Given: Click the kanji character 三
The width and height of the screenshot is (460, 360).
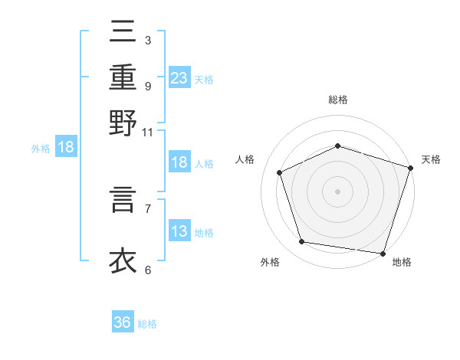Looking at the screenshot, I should tap(123, 34).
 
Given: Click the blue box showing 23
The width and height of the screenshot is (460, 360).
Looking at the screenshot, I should tap(179, 78).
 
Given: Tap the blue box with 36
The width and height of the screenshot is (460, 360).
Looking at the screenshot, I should tap(123, 322).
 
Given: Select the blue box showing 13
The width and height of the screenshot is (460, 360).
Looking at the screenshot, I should tap(179, 231).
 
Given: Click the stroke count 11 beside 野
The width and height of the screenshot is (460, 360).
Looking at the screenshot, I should tap(148, 132).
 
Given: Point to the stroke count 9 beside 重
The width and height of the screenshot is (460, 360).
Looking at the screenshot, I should tap(147, 86).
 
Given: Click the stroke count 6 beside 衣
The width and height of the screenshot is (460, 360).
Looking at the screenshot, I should tap(148, 269).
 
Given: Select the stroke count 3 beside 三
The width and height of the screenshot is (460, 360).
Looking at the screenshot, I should tap(147, 40).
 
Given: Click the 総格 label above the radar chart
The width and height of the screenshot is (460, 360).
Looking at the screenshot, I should tap(338, 100).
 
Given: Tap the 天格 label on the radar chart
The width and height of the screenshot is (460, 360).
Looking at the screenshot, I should tap(431, 159).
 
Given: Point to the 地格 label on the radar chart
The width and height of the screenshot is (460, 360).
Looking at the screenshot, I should tap(402, 262).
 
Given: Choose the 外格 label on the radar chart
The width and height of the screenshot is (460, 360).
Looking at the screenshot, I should tap(270, 262).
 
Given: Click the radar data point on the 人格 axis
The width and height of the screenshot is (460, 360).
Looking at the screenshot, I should tap(280, 172).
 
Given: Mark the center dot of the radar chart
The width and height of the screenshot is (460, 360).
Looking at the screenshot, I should tap(337, 191).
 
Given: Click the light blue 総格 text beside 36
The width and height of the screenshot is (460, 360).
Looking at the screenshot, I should tap(147, 324).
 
